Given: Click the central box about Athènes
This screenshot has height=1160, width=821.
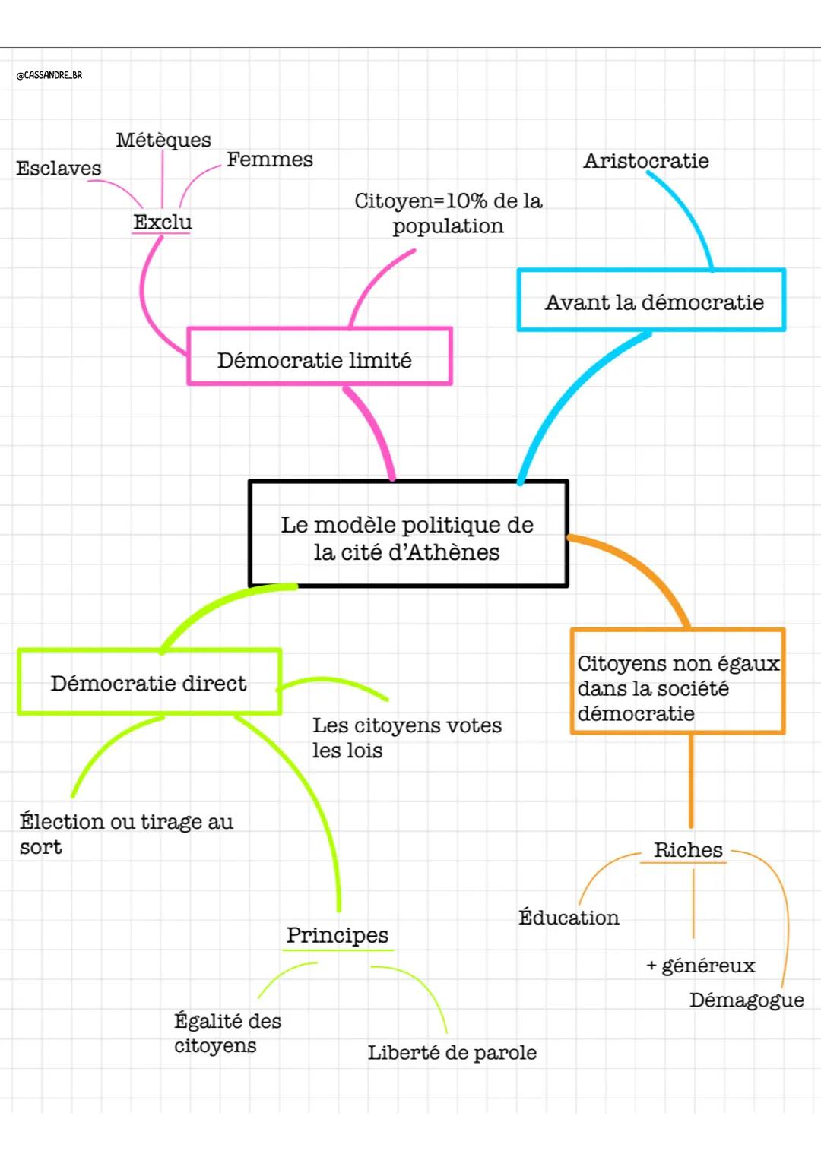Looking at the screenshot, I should pos(408,534).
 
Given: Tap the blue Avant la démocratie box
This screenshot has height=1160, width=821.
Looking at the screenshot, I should pos(651,300).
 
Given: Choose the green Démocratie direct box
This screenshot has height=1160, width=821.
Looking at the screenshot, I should pos(149,682).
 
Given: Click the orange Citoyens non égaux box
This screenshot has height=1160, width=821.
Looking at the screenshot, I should pos(677,681).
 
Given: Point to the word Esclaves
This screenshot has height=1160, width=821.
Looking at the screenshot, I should pos(59,168).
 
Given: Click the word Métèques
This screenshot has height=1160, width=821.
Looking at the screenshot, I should pos(163,140).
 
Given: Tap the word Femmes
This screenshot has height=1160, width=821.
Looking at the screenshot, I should pos(270,160).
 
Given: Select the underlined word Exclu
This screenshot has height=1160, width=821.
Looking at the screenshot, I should pos(163,222).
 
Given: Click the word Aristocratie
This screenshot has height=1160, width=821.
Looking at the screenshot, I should pos(646,160).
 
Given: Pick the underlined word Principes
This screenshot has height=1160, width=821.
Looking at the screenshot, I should pos(338,935).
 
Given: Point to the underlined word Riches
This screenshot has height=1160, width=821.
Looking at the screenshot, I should pos(688,850).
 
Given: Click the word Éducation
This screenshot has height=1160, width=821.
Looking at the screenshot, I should pos(569,918).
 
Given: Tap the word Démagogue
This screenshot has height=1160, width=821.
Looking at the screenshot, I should pos(747,1000).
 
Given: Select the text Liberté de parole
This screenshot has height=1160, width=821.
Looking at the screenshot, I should pos(452,1053).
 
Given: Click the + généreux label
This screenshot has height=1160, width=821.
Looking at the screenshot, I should pos(701,966).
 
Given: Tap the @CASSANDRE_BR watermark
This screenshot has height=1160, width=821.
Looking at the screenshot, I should pos(49,75).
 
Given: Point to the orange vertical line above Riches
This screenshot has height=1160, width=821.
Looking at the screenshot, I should pos(691,782).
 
